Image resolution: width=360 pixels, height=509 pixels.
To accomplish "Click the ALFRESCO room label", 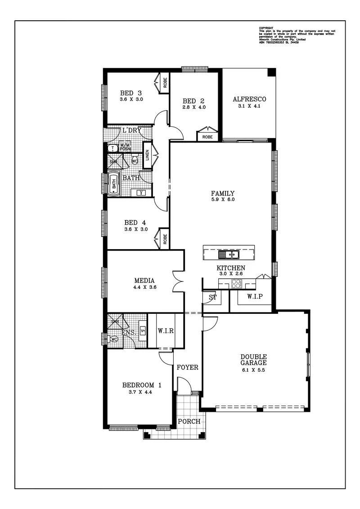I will pos(249,99).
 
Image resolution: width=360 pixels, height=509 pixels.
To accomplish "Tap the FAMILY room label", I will pos(223,193).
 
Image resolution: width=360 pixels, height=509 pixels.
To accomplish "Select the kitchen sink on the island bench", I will pos(229,255).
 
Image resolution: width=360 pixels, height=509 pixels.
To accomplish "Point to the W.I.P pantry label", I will pos(254,296).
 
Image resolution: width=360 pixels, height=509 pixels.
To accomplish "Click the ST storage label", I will pos(212,297).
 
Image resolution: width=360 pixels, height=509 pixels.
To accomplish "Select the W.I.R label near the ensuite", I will pos(166,331).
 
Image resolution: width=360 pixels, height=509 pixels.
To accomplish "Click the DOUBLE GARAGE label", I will pos(253,360).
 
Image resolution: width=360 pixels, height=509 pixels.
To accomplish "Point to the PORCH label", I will pos(189,421).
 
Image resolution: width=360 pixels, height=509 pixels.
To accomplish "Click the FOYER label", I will pos(187,367).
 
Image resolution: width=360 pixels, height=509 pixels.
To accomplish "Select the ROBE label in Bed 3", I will pos(165,82).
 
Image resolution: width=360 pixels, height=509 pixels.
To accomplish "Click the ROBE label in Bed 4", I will pos(165,239).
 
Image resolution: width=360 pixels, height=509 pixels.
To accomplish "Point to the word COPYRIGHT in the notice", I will pos(266,28).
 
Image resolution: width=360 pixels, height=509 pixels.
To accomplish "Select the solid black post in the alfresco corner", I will pos(271,73).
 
